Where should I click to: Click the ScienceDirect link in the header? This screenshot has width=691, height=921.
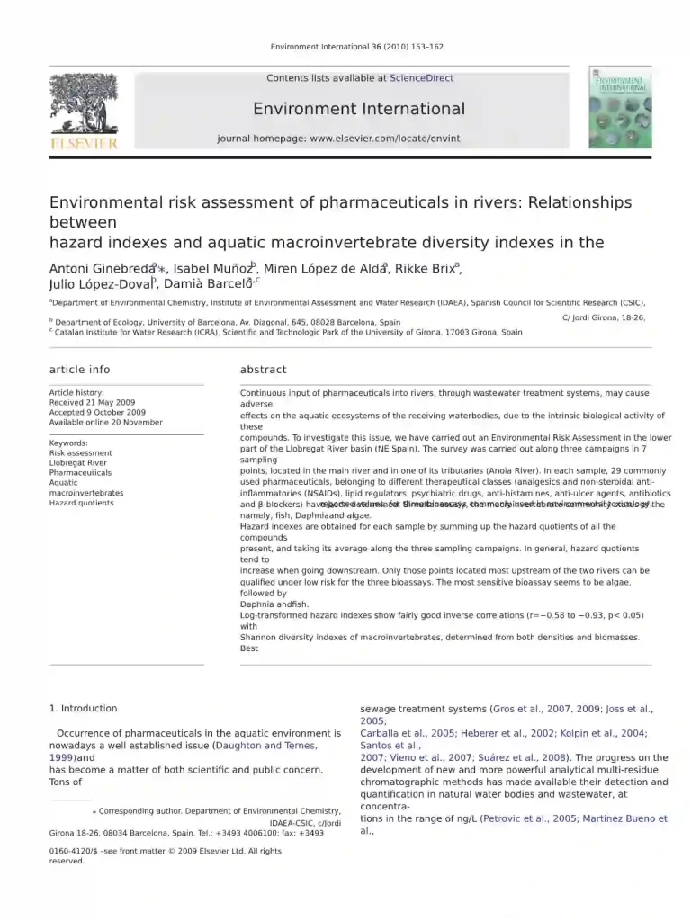422,78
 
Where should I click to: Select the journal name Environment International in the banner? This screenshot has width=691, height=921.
359,109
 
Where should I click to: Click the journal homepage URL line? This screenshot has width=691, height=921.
338,139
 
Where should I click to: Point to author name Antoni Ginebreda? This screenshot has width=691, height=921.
102,268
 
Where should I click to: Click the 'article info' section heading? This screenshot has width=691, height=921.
79,370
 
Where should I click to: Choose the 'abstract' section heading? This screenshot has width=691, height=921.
263,370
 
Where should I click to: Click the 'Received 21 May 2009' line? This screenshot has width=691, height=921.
92,403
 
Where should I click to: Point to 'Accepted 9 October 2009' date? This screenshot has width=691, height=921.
97,413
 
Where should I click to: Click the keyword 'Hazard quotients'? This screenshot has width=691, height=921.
81,503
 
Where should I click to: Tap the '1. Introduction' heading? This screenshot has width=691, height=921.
83,709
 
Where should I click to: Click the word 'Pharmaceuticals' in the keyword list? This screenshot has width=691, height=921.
80,473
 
